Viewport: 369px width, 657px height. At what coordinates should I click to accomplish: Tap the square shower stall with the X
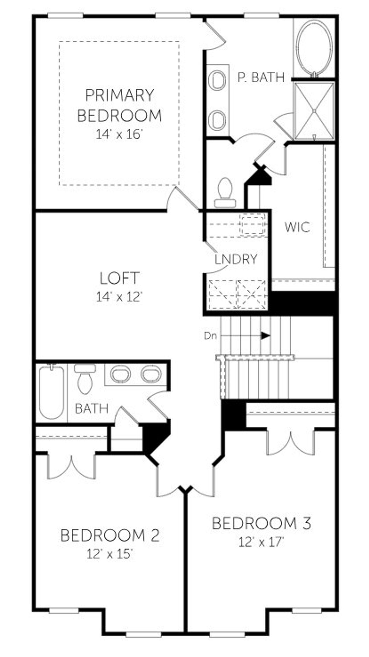point(314,111)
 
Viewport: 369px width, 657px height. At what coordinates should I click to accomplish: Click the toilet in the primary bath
point(225,192)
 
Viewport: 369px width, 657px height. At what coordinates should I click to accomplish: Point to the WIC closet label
point(297,227)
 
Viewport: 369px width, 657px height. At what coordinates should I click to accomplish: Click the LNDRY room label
point(236,259)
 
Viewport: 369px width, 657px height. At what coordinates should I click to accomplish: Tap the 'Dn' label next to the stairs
point(210,336)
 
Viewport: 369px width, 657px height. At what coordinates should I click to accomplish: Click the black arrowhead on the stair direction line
point(266,336)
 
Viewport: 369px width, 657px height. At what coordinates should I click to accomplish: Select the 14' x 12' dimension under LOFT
point(119,297)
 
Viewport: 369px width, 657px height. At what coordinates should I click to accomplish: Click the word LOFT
point(119,278)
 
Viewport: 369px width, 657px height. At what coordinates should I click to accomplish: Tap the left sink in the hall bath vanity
point(120,374)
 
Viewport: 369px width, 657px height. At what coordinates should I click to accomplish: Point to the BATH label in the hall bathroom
point(91,408)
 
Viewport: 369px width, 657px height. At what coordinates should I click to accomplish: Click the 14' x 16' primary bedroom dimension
point(119,134)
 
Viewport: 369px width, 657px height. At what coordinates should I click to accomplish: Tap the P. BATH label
point(261,77)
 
